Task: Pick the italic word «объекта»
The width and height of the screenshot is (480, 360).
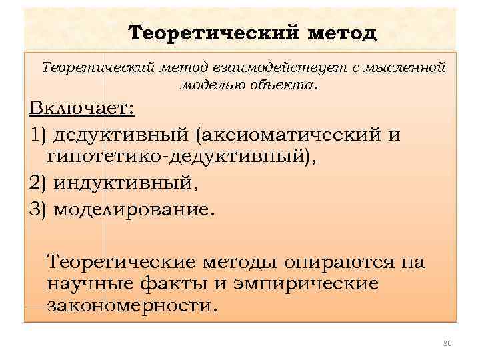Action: [x=273, y=85]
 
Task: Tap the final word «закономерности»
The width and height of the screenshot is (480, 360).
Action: [x=132, y=307]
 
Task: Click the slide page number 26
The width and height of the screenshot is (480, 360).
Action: [x=447, y=343]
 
